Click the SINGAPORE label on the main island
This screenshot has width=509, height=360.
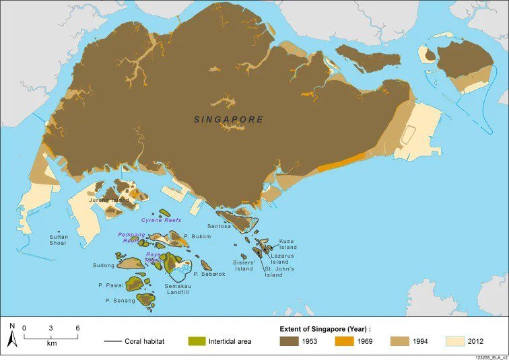click(x=228, y=120)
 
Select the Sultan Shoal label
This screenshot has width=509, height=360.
click(x=59, y=240)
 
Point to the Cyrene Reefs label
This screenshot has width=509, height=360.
click(x=161, y=220)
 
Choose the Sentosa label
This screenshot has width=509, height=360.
click(x=219, y=226)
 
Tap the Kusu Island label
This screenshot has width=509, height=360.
click(x=287, y=244)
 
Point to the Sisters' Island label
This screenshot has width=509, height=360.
click(x=244, y=265)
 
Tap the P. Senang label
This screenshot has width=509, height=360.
click(x=120, y=300)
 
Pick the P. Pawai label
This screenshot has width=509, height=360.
click(x=109, y=285)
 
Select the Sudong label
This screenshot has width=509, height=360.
click(x=104, y=265)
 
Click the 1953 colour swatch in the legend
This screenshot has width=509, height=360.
click(x=290, y=341)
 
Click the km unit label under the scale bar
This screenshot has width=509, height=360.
click(x=52, y=343)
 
